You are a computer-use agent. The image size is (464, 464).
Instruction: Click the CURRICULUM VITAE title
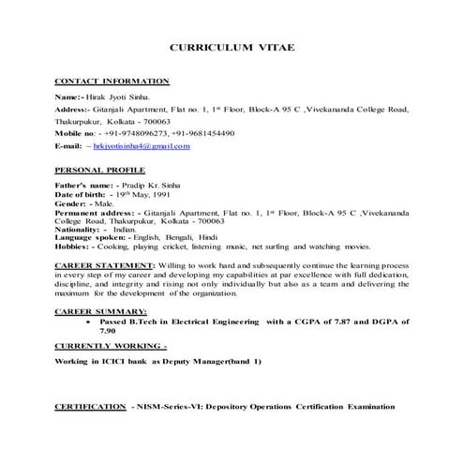click(232, 47)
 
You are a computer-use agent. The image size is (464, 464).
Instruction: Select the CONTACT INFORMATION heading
click(112, 82)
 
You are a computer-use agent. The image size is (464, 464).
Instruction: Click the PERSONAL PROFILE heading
click(100, 172)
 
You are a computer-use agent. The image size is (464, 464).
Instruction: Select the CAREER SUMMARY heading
click(98, 309)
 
